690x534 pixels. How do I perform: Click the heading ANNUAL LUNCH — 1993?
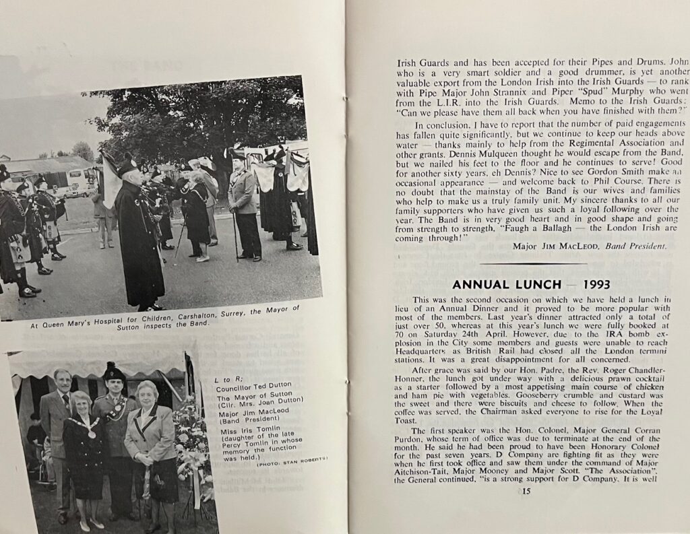click(x=531, y=284)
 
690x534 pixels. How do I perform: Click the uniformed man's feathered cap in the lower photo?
click(x=113, y=372)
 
